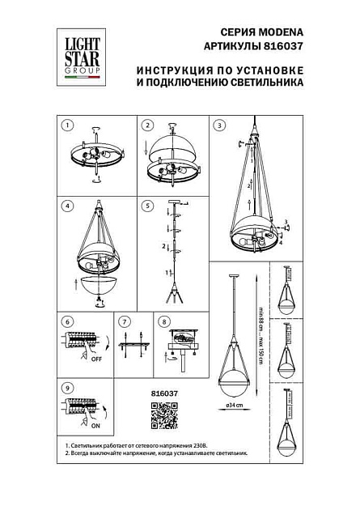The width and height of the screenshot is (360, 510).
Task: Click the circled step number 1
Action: click(69, 125)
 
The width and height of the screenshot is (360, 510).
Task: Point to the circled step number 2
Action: click(147, 125)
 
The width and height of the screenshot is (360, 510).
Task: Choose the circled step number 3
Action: click(221, 125)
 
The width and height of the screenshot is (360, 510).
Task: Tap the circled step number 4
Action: click(69, 205)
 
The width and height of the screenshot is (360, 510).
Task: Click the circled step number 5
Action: click(147, 205)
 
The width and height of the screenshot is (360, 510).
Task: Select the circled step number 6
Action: click(68, 321)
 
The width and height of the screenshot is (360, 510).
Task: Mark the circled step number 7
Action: click(124, 321)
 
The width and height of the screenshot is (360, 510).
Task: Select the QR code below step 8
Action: click(164, 415)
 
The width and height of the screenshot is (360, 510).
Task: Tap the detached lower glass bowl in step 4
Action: click(100, 285)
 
